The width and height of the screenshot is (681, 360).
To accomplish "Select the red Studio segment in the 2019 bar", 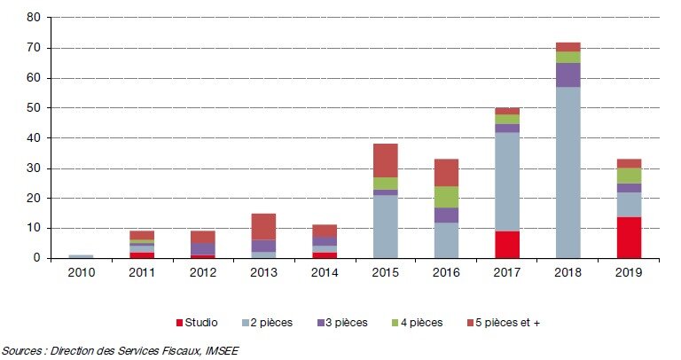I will click(629, 237).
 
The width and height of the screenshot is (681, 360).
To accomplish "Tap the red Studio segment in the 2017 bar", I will click(507, 244).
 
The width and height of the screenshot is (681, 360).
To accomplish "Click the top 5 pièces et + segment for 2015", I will click(385, 160).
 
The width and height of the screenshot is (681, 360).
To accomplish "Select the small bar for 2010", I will click(81, 256).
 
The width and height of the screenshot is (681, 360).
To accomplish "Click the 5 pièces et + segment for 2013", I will click(263, 226).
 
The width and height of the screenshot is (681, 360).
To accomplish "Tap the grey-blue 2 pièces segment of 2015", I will click(385, 226).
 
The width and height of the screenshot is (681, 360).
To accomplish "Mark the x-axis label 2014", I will click(324, 273).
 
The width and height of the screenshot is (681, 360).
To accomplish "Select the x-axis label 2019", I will click(629, 273).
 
